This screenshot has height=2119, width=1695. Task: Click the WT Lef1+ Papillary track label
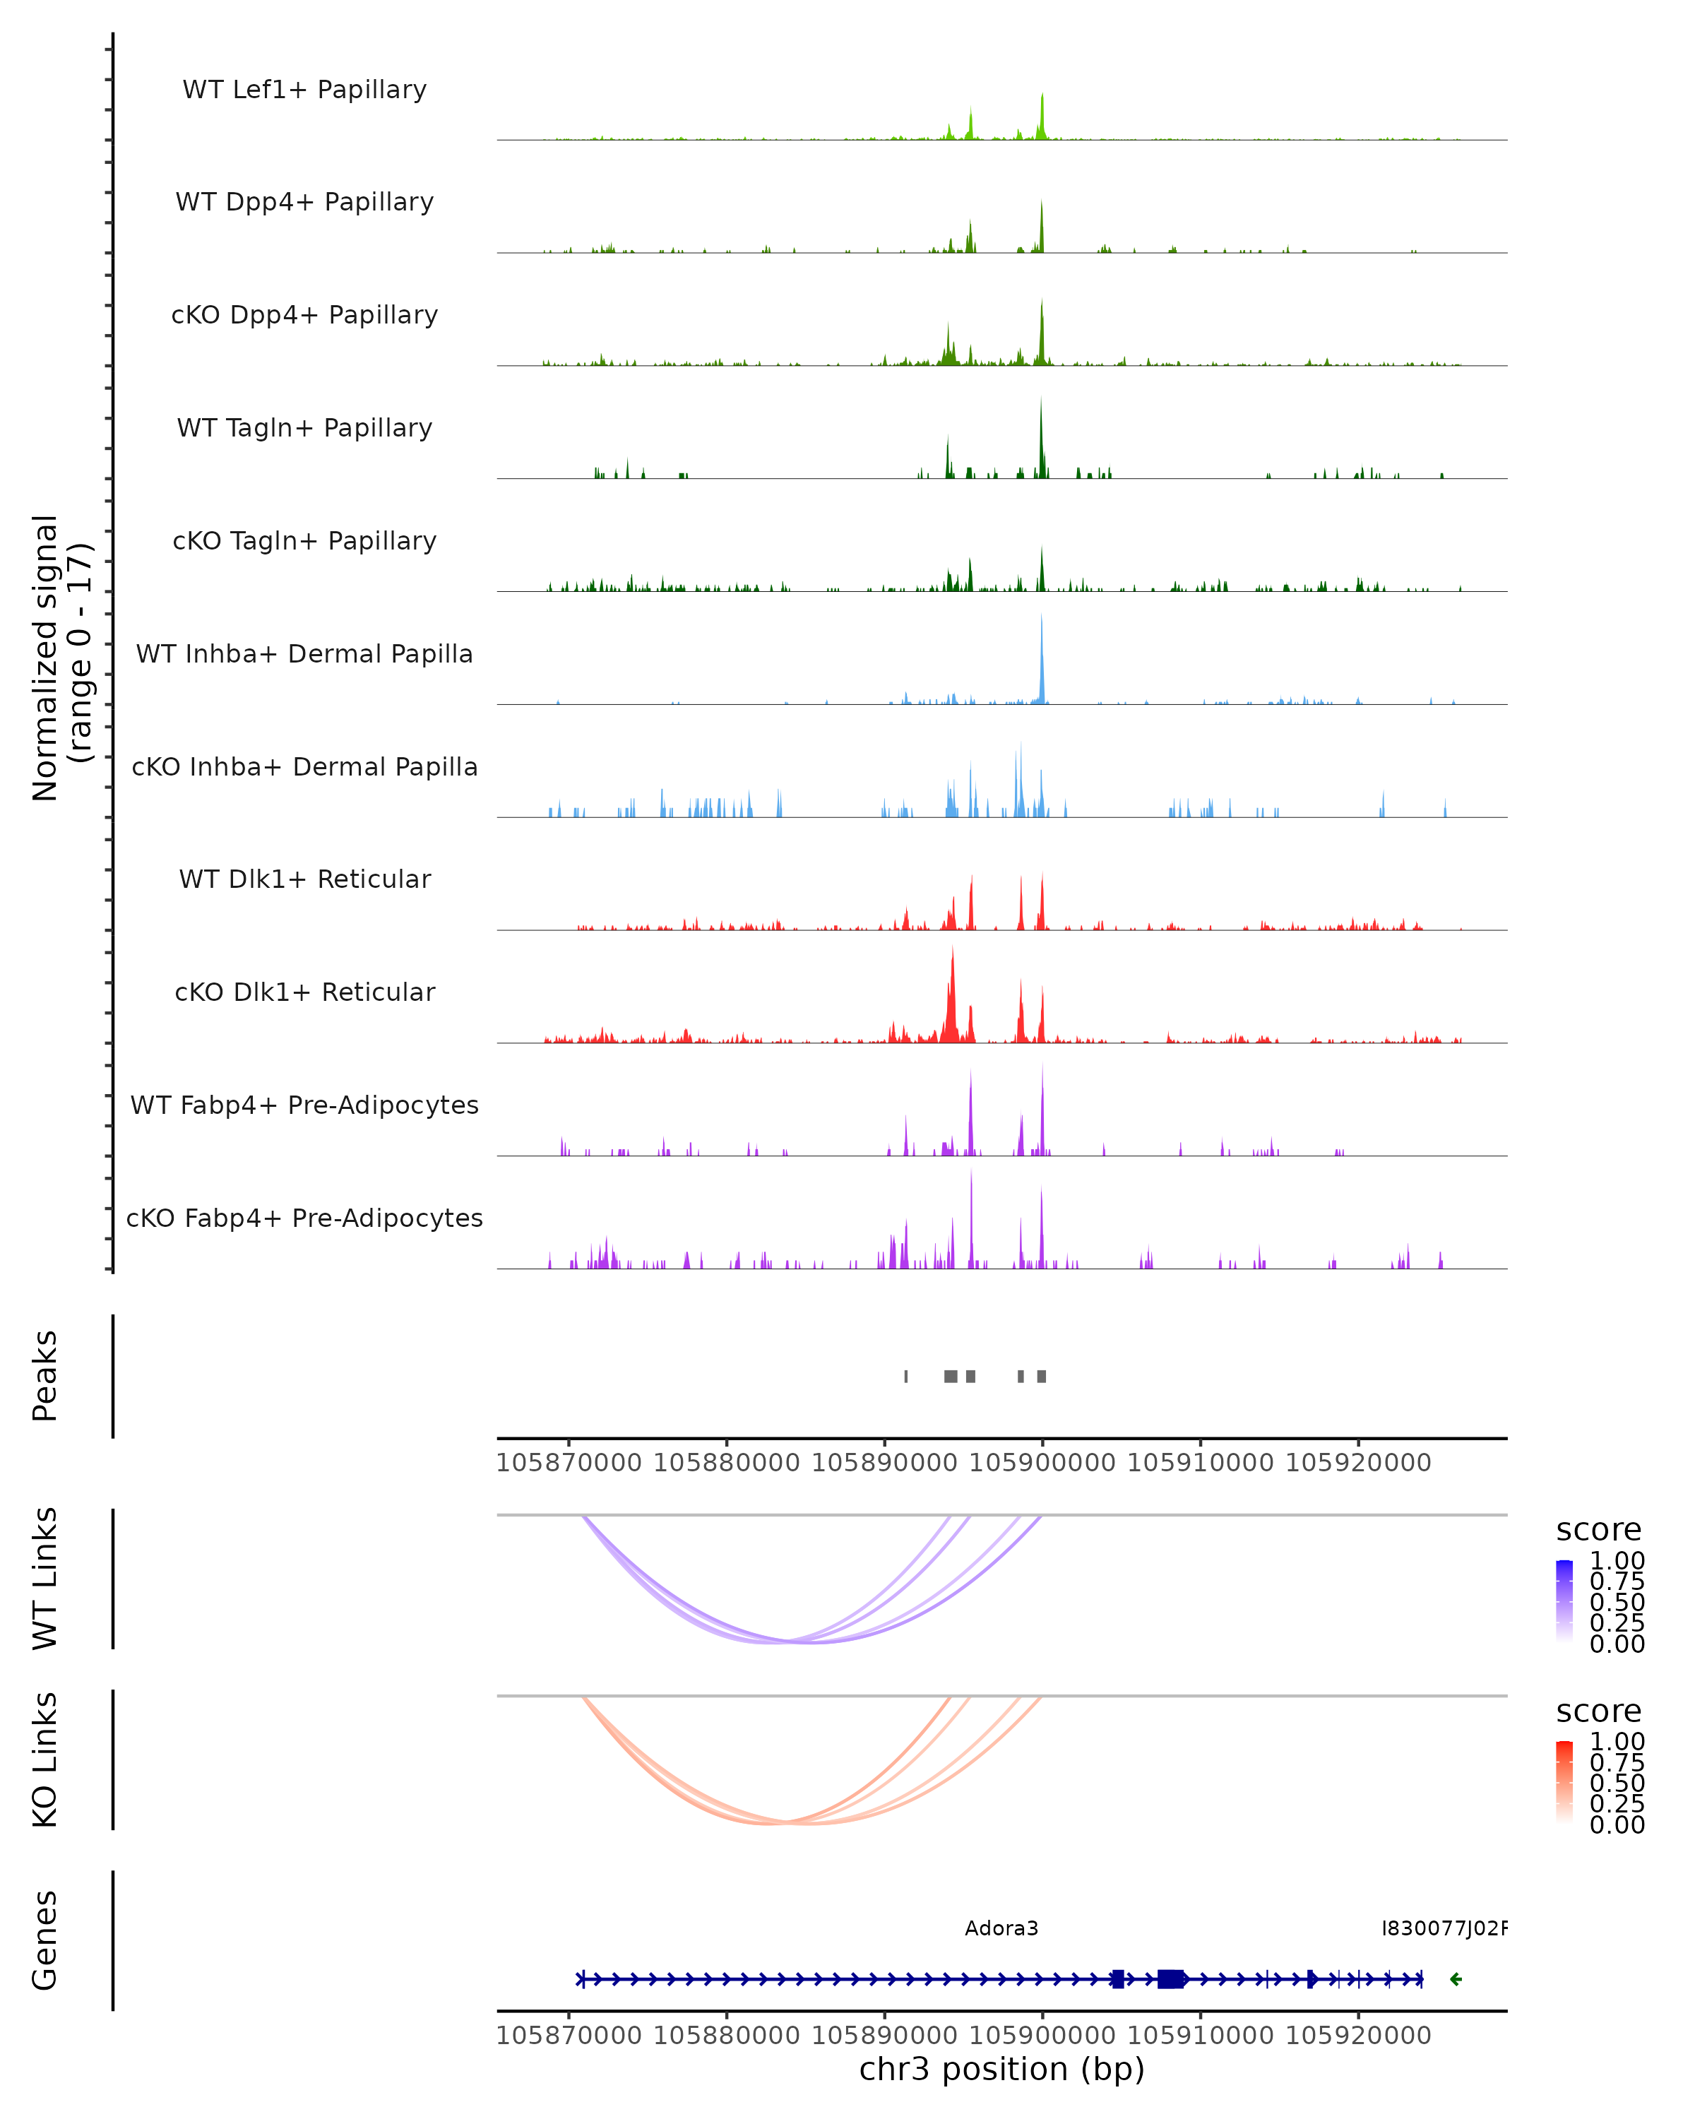[x=304, y=90]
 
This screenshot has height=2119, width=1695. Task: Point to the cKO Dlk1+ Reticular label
[x=304, y=992]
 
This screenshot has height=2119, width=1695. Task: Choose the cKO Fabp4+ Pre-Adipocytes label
[x=304, y=1218]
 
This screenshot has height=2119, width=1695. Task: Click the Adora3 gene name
[x=1001, y=1928]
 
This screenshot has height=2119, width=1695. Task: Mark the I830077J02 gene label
[x=1444, y=1928]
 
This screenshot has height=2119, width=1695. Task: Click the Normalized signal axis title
[x=61, y=658]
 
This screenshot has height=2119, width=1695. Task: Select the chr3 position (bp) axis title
[x=1001, y=2069]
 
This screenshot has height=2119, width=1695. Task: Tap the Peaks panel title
[x=44, y=1375]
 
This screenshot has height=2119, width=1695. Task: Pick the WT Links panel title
[x=44, y=1579]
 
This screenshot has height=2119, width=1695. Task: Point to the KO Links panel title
[x=44, y=1759]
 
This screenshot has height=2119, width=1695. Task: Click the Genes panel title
[x=44, y=1940]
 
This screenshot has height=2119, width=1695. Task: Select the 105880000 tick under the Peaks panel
[x=726, y=1463]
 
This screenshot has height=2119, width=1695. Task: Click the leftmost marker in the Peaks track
[x=906, y=1376]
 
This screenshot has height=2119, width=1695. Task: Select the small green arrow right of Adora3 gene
[x=1456, y=1979]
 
